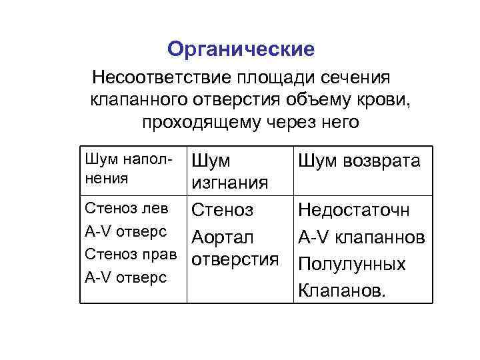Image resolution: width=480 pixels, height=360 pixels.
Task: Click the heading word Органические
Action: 241,49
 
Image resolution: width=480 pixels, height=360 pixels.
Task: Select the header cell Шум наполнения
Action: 129,169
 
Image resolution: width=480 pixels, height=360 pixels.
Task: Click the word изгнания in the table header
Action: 230,183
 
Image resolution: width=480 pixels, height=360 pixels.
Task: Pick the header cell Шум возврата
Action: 359,161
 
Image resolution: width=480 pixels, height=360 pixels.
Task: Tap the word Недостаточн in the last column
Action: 354,211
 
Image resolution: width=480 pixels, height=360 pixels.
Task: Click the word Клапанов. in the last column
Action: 341,291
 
